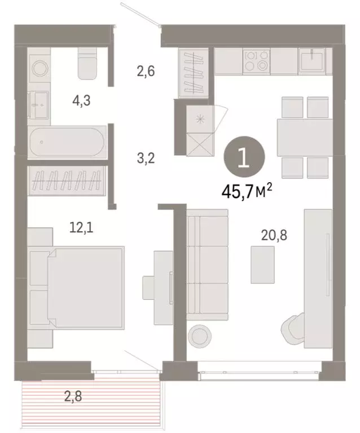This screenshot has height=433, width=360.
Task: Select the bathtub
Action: coord(66,142)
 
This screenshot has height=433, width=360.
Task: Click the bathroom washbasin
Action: coord(39,105)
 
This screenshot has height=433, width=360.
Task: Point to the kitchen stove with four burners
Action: coord(256,60)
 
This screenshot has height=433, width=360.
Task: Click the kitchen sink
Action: coord(311,59)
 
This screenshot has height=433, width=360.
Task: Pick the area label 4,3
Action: coord(81,101)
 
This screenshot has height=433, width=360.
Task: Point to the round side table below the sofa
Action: coord(201,337)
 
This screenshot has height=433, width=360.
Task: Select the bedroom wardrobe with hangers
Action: coord(67,181)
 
